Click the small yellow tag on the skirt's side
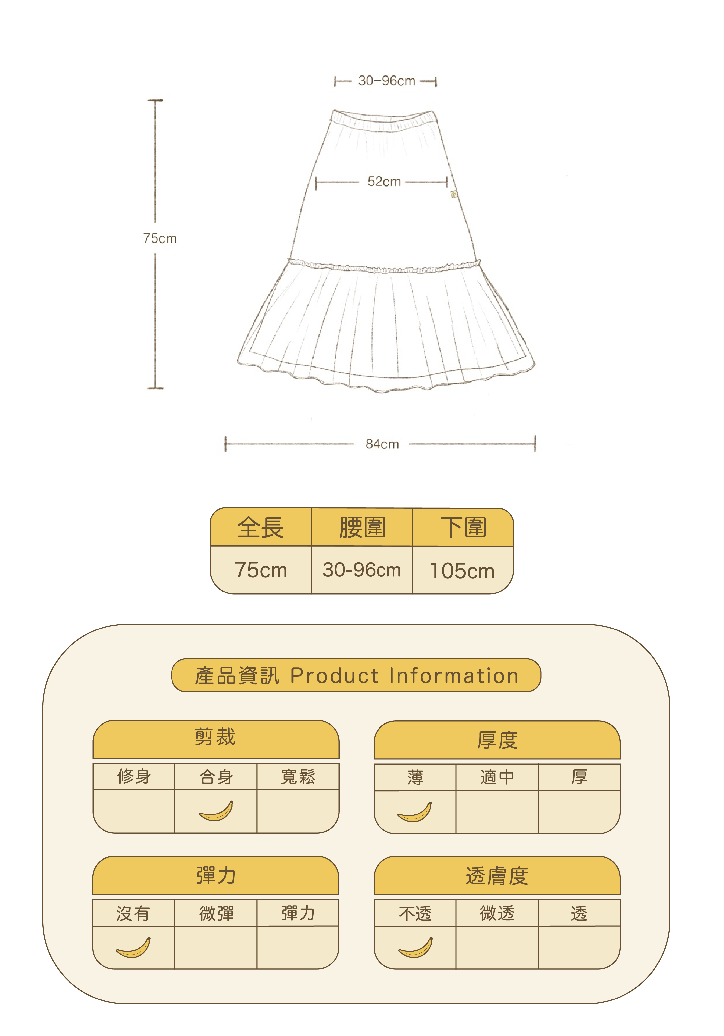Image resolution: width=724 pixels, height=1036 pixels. [x=454, y=194]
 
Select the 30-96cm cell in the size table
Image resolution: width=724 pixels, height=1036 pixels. [x=362, y=570]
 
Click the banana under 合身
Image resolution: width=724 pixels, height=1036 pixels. [x=216, y=811]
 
